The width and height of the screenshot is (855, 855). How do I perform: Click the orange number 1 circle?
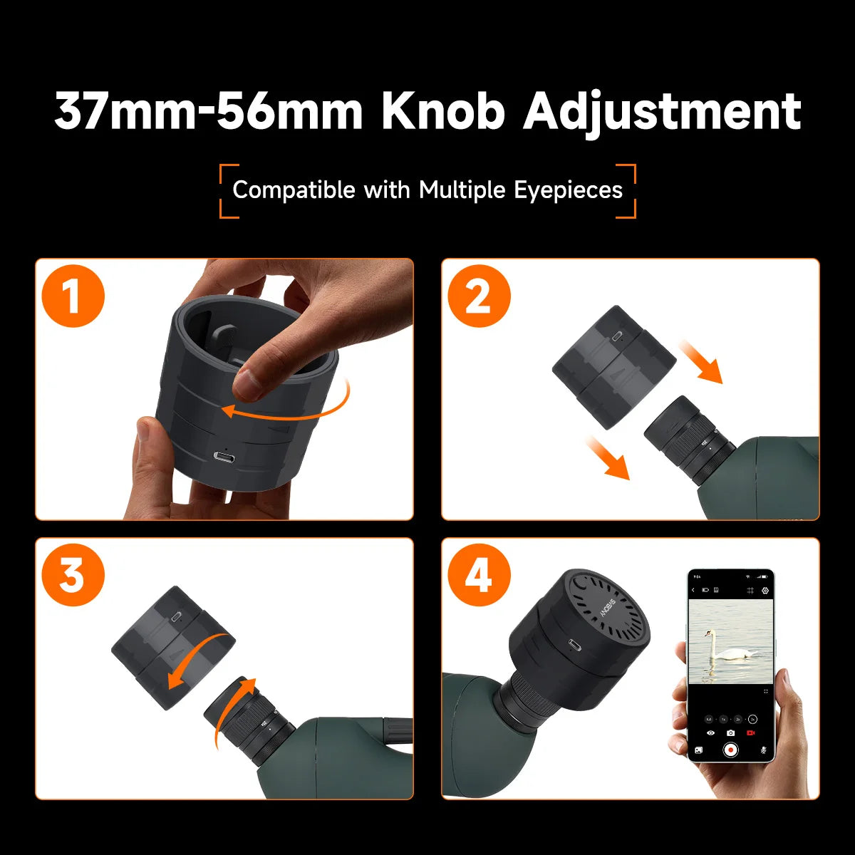pos(73,296)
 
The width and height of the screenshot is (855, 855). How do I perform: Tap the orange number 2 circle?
pos(479,296)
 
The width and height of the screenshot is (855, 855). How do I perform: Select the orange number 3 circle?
pos(73,575)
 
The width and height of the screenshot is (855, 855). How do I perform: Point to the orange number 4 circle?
pos(479,575)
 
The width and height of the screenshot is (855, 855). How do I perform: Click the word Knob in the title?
pos(442,111)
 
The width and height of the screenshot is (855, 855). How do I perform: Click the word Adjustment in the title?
pos(663,113)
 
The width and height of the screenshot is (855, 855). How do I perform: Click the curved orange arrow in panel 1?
pos(292,405)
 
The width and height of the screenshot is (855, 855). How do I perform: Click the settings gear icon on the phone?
pos(765,591)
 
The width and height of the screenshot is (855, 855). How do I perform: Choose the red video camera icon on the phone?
pos(750,732)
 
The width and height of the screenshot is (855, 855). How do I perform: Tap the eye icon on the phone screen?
pos(710,732)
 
